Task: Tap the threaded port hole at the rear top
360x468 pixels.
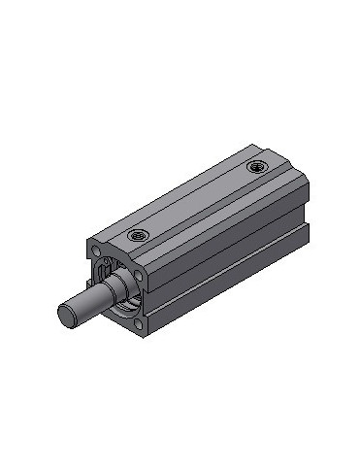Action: pos(255,167)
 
